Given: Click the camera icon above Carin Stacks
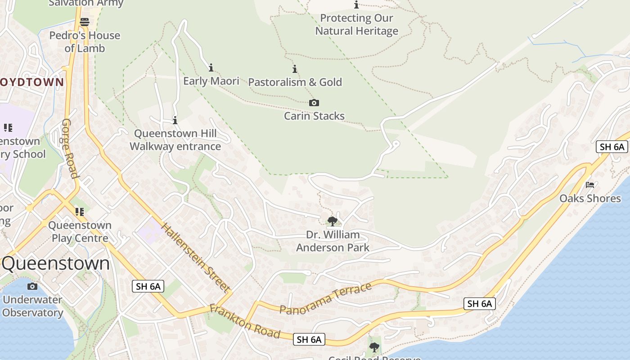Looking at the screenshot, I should [314, 103].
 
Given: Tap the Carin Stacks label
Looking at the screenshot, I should [314, 116].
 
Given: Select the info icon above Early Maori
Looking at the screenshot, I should [211, 68].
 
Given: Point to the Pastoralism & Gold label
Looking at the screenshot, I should [295, 82].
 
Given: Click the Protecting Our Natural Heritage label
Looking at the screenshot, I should [357, 25].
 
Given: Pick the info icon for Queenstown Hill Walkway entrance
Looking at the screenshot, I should [175, 120].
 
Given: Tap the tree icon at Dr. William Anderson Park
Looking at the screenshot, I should [333, 221].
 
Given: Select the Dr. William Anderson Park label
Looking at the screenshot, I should [333, 241].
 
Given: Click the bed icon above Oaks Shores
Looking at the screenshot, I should [590, 184].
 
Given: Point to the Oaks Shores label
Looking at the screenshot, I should [590, 198].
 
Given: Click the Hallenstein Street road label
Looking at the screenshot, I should [196, 257].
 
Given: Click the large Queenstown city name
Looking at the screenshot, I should [56, 264].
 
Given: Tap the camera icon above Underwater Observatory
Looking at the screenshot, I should [32, 286].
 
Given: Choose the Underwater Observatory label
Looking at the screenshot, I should [32, 306].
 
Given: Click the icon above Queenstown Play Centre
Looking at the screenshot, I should [80, 211].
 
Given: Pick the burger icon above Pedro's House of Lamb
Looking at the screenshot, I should [85, 22].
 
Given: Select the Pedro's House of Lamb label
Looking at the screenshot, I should [85, 42].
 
